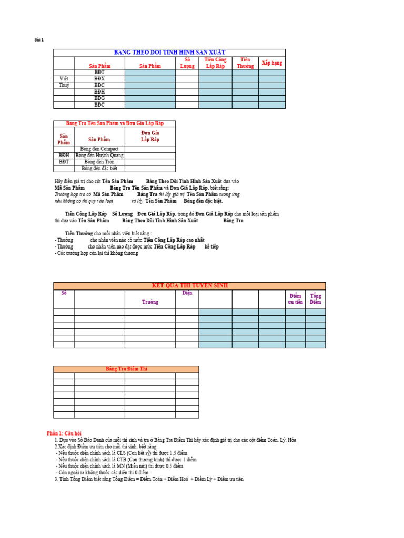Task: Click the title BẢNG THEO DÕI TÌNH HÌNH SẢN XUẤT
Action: (x=169, y=53)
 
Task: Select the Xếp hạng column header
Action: (x=271, y=63)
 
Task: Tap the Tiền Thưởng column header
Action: (x=245, y=63)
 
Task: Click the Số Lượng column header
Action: (x=187, y=63)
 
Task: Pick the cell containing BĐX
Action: (x=99, y=79)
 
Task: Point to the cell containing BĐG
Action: (x=99, y=98)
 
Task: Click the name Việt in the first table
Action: (x=64, y=79)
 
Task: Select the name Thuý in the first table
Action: (x=64, y=85)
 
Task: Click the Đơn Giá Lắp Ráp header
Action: (x=150, y=136)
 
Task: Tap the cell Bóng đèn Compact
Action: (x=99, y=149)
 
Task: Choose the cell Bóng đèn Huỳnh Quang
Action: (x=99, y=156)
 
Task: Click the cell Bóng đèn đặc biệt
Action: (x=99, y=169)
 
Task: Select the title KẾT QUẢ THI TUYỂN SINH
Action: (x=189, y=286)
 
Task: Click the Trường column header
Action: (x=150, y=302)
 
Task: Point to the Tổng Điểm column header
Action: (x=316, y=299)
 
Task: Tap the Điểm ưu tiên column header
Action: (x=295, y=299)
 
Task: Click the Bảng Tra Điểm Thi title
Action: (x=126, y=369)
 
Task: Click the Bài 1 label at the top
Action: (x=39, y=40)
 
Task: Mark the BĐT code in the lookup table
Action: (x=64, y=162)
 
